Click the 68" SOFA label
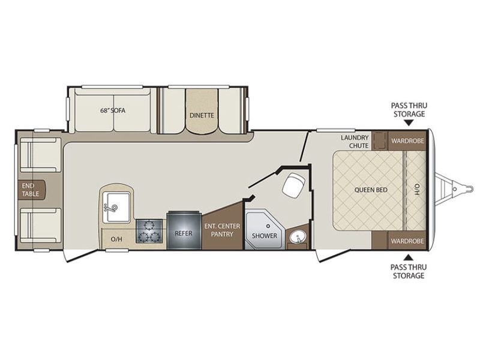click(x=113, y=110)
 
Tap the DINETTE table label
click(x=202, y=115)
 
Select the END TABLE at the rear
click(x=31, y=190)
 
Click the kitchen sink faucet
click(x=111, y=208)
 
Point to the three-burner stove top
click(x=149, y=231)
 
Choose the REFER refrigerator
click(x=184, y=230)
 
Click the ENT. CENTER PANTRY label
click(x=222, y=230)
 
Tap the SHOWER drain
click(x=268, y=226)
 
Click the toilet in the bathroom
click(x=293, y=185)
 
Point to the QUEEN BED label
click(x=371, y=190)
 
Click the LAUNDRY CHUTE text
click(x=355, y=142)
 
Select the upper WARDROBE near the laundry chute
click(x=407, y=141)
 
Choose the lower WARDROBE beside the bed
click(x=407, y=241)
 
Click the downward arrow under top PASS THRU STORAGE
click(x=409, y=123)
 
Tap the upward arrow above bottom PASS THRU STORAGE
click(x=409, y=257)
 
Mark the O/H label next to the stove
click(x=116, y=239)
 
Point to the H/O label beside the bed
click(x=416, y=190)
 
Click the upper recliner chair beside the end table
click(x=41, y=155)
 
